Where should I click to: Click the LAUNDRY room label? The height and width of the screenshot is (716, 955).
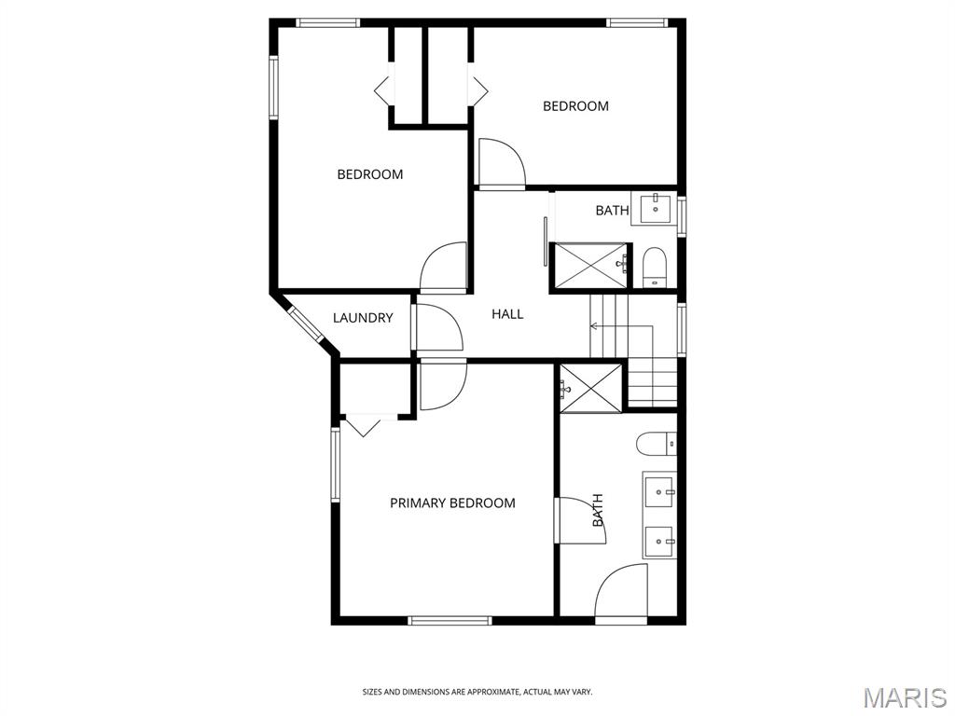363,318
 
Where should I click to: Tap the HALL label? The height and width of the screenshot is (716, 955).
507,314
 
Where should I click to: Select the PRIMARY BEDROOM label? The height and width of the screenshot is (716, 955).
452,503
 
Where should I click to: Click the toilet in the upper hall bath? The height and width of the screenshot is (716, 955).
654,267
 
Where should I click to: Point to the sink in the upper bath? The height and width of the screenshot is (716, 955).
657,207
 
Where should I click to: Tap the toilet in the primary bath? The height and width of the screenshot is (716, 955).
656,444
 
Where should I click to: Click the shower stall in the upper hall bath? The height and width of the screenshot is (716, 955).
589,265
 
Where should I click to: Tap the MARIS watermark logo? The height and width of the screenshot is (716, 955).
904,697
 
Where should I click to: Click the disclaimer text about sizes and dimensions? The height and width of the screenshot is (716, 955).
477,692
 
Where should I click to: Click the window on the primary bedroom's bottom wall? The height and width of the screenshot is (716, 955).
450,620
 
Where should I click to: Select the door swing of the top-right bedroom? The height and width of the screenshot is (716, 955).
500,164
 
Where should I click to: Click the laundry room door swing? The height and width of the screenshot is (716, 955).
436,328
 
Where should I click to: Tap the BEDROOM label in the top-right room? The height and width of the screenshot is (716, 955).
575,106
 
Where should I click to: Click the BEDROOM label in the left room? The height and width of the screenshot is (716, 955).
369,174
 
